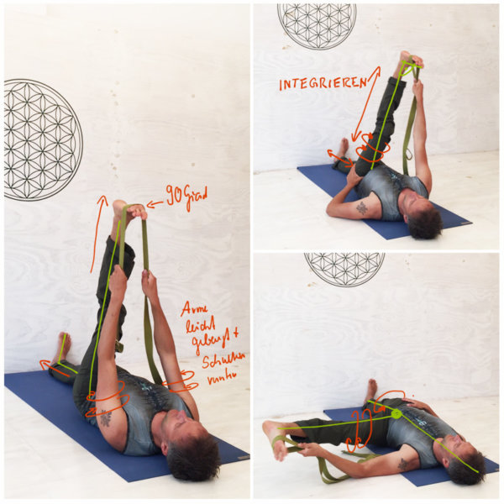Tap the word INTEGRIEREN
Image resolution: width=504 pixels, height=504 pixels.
click(x=323, y=83)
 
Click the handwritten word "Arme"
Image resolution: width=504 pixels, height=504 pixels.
click(x=192, y=308)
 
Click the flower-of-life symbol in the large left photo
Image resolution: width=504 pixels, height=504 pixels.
click(x=43, y=139)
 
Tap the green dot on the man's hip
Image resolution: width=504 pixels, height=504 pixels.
click(x=396, y=413)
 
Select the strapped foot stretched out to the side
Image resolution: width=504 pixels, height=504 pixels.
click(x=276, y=438)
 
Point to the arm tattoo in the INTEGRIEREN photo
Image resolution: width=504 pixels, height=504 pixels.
click(x=362, y=207)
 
